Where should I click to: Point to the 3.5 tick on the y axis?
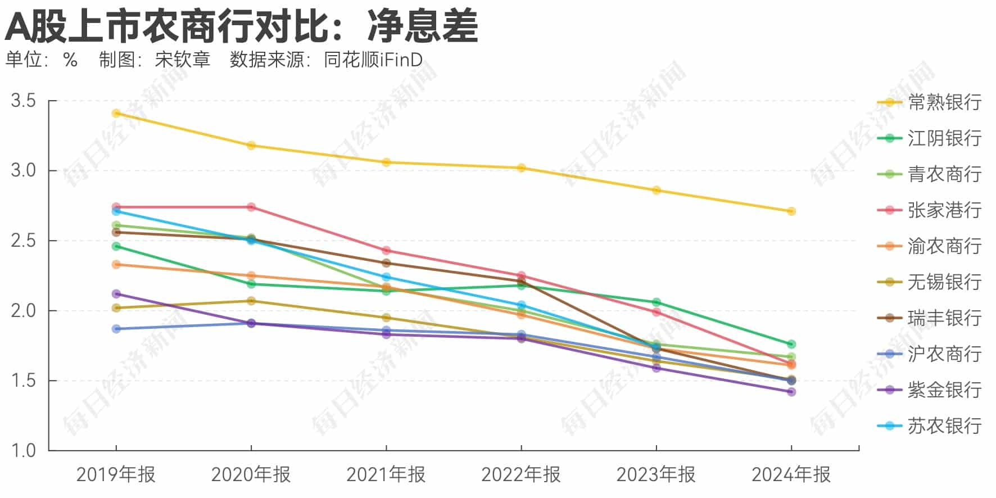[x=24, y=101]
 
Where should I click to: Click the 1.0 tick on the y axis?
[x=24, y=450]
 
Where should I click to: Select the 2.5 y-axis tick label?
[x=24, y=241]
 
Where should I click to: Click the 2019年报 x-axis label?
[x=116, y=475]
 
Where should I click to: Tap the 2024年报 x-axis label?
[x=791, y=475]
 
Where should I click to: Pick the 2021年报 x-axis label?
[x=386, y=475]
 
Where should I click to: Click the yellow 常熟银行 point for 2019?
[x=116, y=114]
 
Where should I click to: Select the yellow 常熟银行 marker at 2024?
[x=791, y=211]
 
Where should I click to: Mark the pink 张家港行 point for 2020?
[x=251, y=207]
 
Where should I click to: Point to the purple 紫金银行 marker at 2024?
[x=791, y=392]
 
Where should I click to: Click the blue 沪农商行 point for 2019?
[x=116, y=329]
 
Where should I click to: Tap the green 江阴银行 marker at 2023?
[x=656, y=302]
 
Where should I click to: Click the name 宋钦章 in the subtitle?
[x=182, y=60]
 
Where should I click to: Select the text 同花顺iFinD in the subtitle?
[x=373, y=60]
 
